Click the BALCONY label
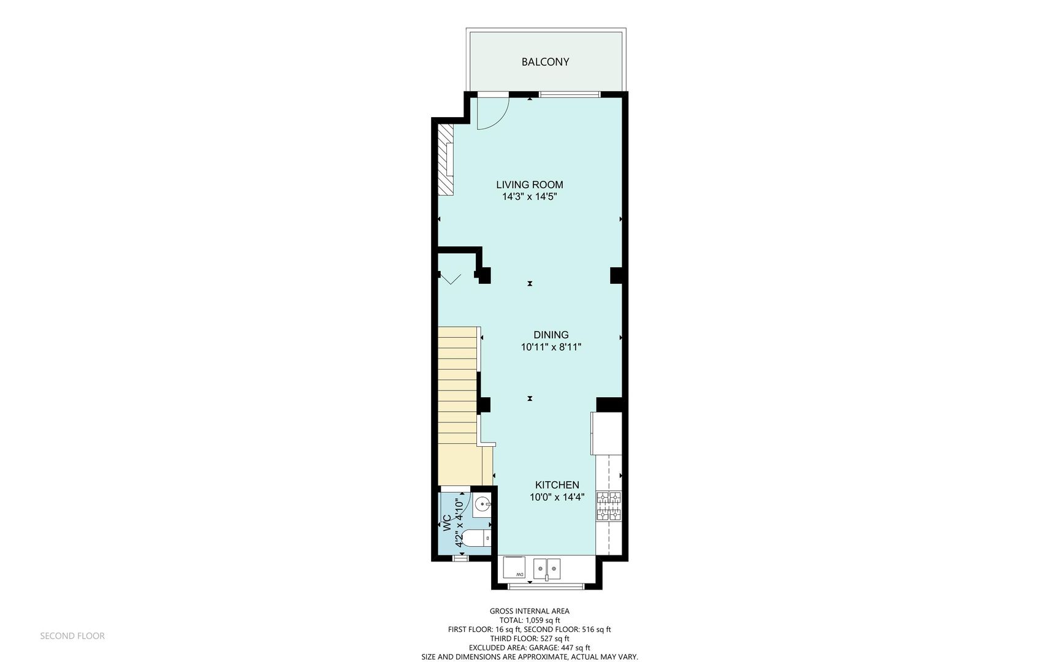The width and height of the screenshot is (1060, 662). pos(545,62)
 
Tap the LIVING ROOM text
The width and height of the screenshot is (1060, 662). pos(529,185)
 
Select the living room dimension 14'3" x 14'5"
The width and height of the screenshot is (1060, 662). pos(529,197)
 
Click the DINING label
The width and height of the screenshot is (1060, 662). pos(551,335)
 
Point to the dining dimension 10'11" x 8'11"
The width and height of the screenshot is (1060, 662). pos(551,347)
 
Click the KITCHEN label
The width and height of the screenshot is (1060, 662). pos(557,485)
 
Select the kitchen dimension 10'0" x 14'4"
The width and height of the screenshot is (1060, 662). pos(557,497)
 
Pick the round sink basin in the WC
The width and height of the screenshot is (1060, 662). pos(482,505)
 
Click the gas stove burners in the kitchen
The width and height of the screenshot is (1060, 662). pos(609,506)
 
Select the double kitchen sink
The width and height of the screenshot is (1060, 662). pos(546,568)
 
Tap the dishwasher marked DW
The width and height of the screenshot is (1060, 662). pos(514,567)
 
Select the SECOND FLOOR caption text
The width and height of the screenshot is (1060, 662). pos(72,636)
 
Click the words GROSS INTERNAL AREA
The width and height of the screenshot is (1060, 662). pos(529,611)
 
